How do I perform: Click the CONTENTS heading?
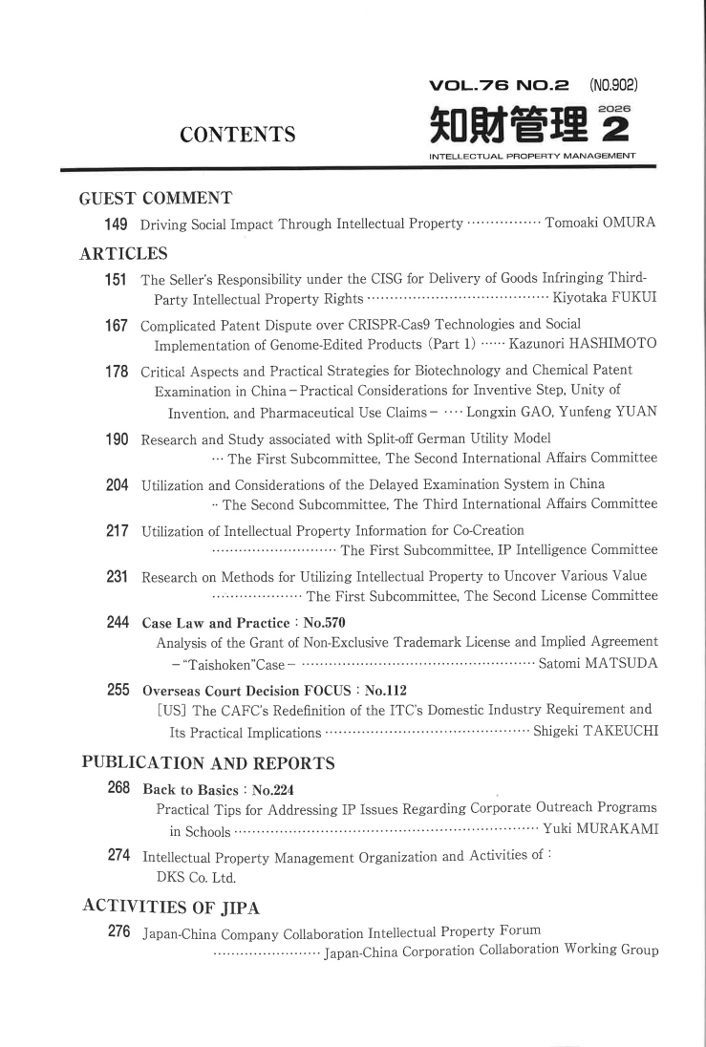pyautogui.click(x=238, y=135)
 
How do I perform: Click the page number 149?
pyautogui.click(x=117, y=224)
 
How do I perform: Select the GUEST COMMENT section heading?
pyautogui.click(x=156, y=199)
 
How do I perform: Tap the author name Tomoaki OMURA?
pyautogui.click(x=601, y=224)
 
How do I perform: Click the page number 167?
pyautogui.click(x=117, y=326)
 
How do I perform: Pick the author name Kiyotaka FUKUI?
pyautogui.click(x=599, y=299)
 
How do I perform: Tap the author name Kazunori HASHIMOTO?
pyautogui.click(x=576, y=344)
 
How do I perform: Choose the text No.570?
pyautogui.click(x=323, y=623)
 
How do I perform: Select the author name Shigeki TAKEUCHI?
pyautogui.click(x=593, y=733)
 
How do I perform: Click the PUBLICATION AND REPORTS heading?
pyautogui.click(x=208, y=763)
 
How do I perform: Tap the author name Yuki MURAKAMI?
pyautogui.click(x=600, y=828)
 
